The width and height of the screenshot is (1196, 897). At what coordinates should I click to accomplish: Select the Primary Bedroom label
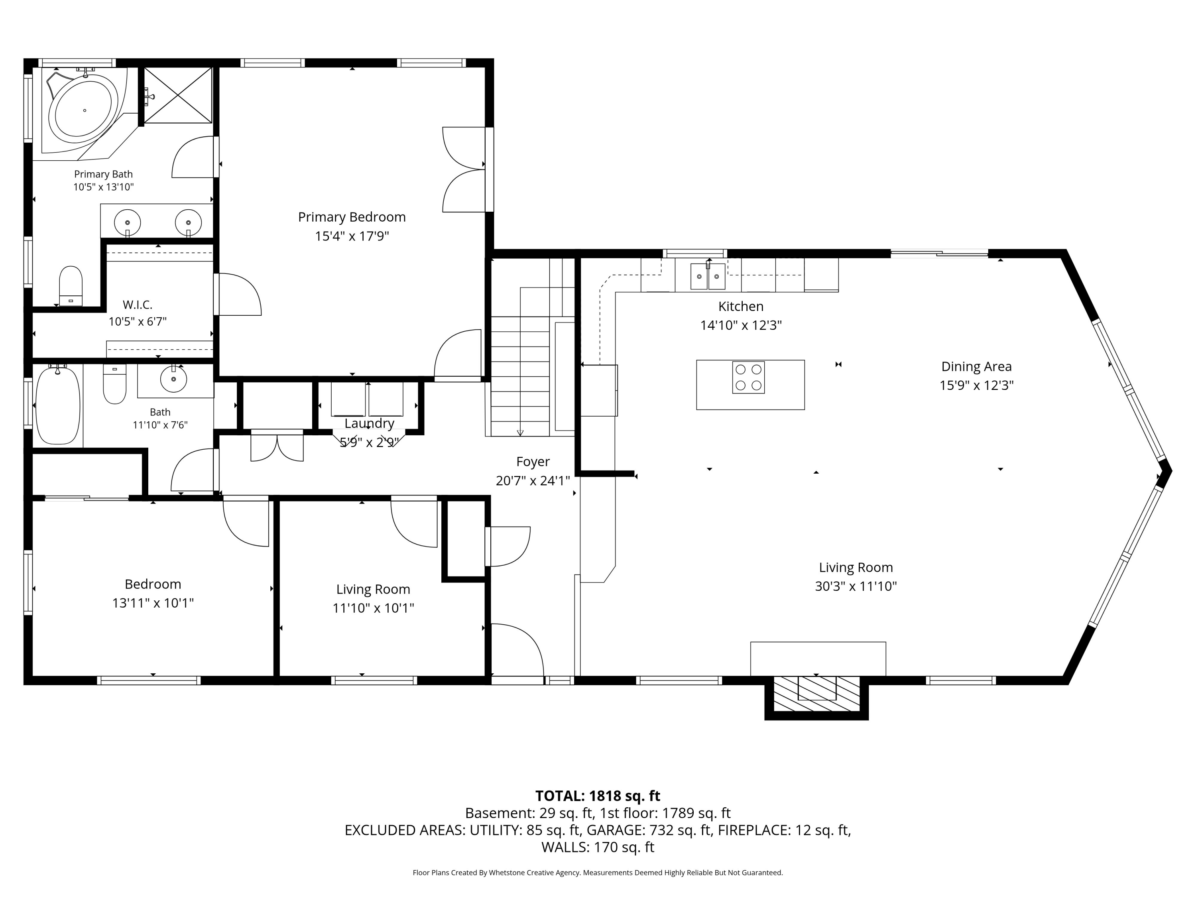point(352,217)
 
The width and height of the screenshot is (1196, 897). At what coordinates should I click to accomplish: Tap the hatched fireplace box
point(816,694)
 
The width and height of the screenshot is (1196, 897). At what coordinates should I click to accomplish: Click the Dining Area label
point(976,367)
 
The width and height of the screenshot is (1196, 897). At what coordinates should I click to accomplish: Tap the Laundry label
point(369,423)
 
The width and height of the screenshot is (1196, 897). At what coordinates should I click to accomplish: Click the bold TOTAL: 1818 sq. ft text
point(598,796)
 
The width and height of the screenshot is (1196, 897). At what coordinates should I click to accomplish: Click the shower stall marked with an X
point(178,95)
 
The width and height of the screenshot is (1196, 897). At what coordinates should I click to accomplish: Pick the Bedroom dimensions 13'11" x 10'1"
point(153,603)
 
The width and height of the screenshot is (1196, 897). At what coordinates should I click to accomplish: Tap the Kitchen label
point(741,306)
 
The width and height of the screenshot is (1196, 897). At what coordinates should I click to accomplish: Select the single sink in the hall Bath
point(173,379)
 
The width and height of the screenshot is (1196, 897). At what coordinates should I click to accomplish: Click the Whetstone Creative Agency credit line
point(598,873)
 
